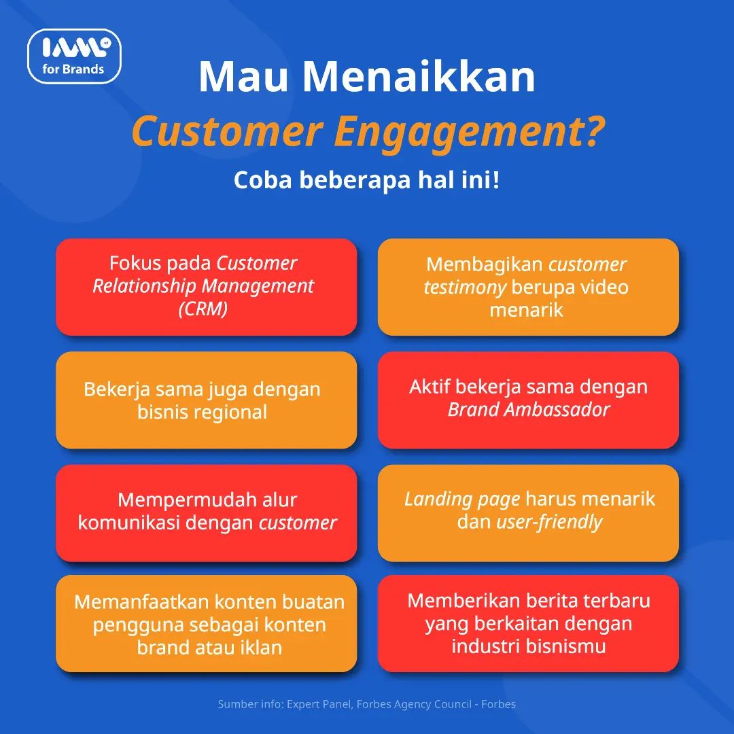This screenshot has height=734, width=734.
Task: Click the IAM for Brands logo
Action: pos(75,56)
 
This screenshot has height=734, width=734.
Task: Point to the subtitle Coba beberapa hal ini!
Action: pos(366,179)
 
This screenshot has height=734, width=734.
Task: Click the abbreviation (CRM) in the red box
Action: pos(203,309)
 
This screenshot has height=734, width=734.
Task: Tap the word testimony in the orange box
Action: pos(465,287)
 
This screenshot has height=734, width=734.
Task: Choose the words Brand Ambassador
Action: pos(529,409)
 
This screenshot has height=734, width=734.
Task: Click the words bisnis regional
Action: pos(203,412)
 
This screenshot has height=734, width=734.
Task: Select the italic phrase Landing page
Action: pos(462,500)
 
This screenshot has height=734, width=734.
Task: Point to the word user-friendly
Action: pos(549,522)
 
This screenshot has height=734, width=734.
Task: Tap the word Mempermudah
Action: pos(186,500)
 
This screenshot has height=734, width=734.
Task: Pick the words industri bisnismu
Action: pos(529,646)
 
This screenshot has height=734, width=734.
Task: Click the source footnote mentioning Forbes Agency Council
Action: pos(366,704)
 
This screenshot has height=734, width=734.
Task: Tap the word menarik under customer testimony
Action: pos(526,310)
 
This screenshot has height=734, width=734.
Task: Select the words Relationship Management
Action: pos(203,285)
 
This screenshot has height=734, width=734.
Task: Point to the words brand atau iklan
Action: pos(209,648)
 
